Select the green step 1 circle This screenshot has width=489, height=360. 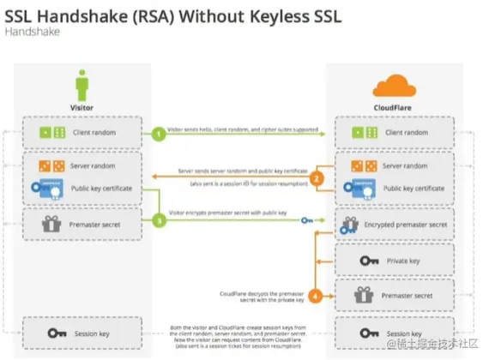[159, 134]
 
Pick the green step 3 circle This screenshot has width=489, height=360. [159, 221]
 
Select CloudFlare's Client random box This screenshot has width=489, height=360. [395, 134]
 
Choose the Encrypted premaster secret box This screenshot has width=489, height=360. [395, 225]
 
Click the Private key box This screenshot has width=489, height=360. [395, 260]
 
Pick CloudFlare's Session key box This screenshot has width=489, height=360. [395, 333]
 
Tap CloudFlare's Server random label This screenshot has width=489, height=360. [407, 164]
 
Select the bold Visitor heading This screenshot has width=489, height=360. [82, 109]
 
